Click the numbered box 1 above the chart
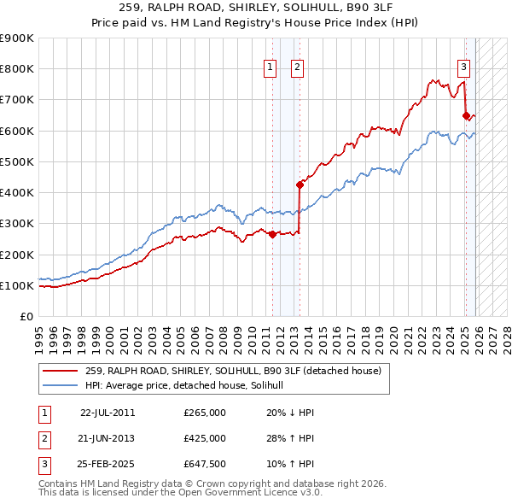(271, 67)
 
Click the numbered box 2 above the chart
(298, 67)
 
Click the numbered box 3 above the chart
(463, 67)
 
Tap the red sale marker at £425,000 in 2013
(300, 185)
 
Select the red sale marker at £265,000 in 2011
(272, 234)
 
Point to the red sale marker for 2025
(466, 115)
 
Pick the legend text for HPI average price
(190, 385)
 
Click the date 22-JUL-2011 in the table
(108, 412)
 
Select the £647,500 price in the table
(205, 465)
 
